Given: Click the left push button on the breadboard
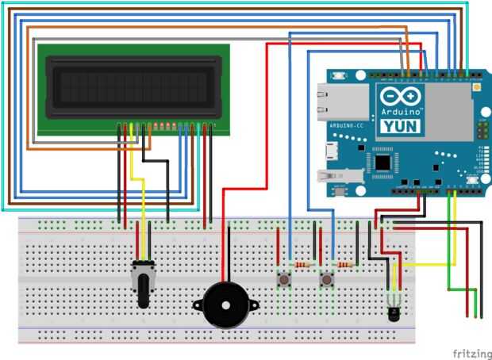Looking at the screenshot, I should (282, 279).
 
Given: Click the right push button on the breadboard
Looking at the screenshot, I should (326, 279).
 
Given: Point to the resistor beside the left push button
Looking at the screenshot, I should (302, 263).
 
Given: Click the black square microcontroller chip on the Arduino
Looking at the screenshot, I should (386, 163).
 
